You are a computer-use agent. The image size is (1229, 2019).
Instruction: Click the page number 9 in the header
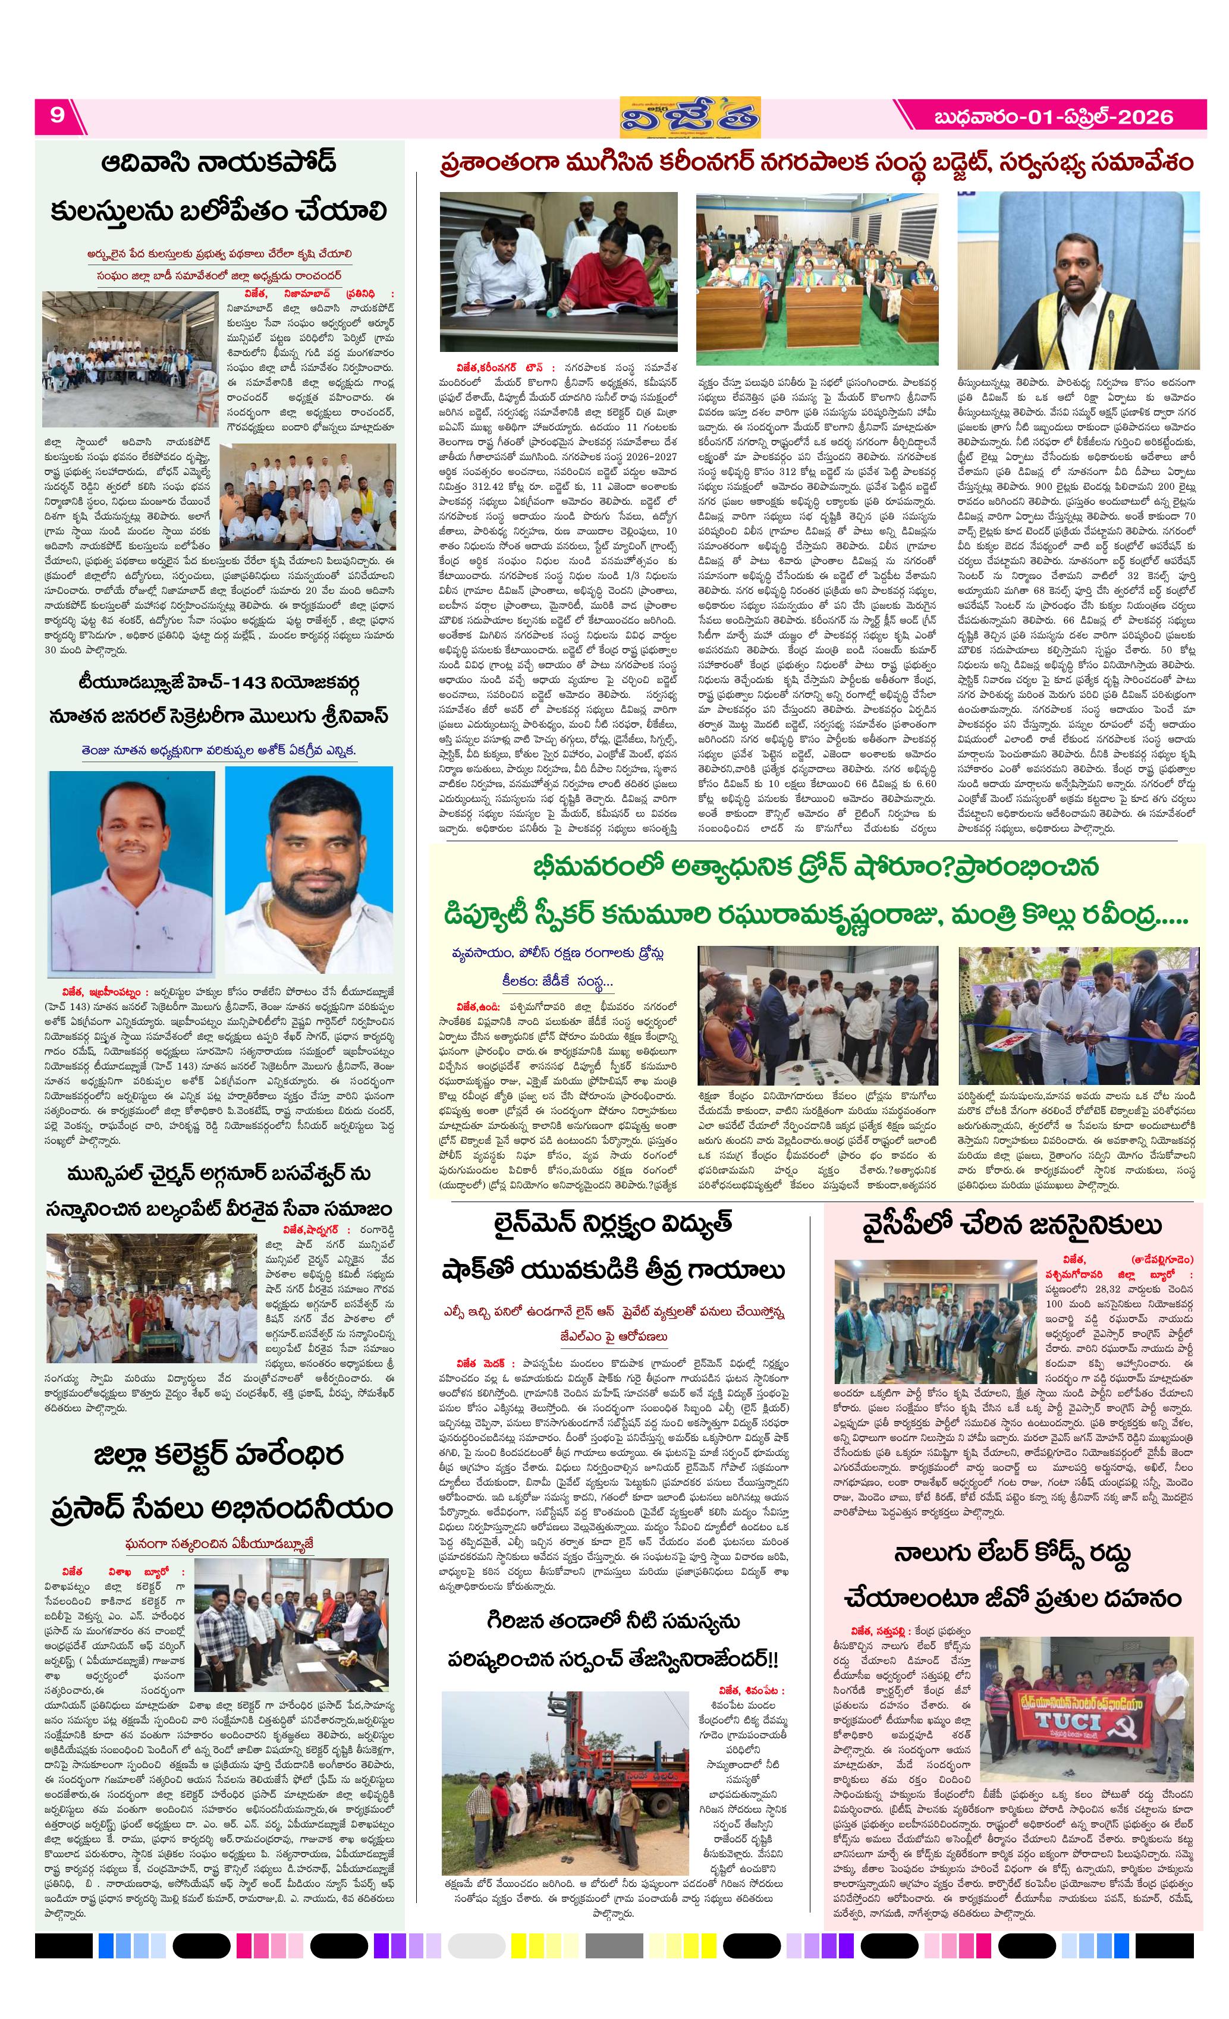point(56,115)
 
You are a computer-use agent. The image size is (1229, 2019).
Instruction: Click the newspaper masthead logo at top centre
point(689,117)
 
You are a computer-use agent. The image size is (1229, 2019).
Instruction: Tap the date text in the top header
point(1053,117)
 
